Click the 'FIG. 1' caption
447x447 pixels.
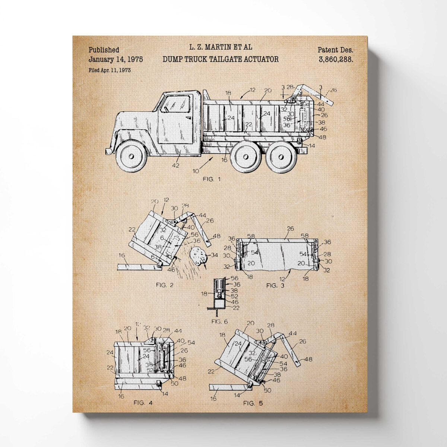[211, 179]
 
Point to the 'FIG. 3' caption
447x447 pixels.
[275, 285]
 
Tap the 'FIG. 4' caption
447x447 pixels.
[143, 403]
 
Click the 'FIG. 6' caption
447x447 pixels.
[219, 321]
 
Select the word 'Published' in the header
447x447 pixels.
[104, 50]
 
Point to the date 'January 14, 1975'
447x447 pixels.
[115, 59]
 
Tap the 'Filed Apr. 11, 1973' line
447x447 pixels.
[110, 70]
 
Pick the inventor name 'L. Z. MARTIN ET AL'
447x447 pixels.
[221, 47]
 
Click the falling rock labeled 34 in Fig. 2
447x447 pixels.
[198, 256]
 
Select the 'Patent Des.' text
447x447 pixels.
[335, 50]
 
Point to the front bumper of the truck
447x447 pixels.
[108, 150]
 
